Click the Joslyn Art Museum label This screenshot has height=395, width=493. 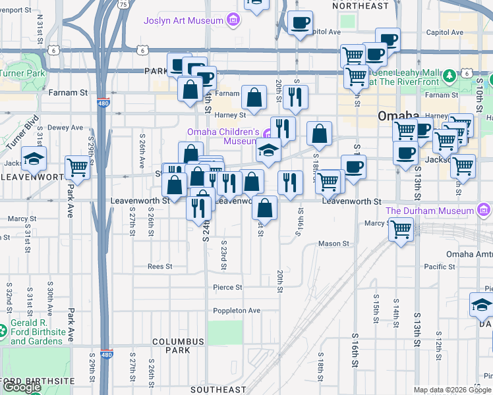click(184, 20)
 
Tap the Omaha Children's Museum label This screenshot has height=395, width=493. click(221, 136)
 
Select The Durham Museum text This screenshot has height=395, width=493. click(430, 211)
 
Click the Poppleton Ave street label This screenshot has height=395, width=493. click(237, 311)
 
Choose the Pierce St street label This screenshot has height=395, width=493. click(227, 288)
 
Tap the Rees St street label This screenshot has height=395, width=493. click(159, 267)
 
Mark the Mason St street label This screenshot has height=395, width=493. click(333, 244)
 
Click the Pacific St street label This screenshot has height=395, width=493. click(440, 267)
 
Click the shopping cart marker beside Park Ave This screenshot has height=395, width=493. click(78, 167)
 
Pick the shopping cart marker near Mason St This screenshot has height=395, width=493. click(401, 230)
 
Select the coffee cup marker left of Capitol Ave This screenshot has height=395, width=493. click(301, 23)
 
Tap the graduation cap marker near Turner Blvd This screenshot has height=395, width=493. click(34, 158)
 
